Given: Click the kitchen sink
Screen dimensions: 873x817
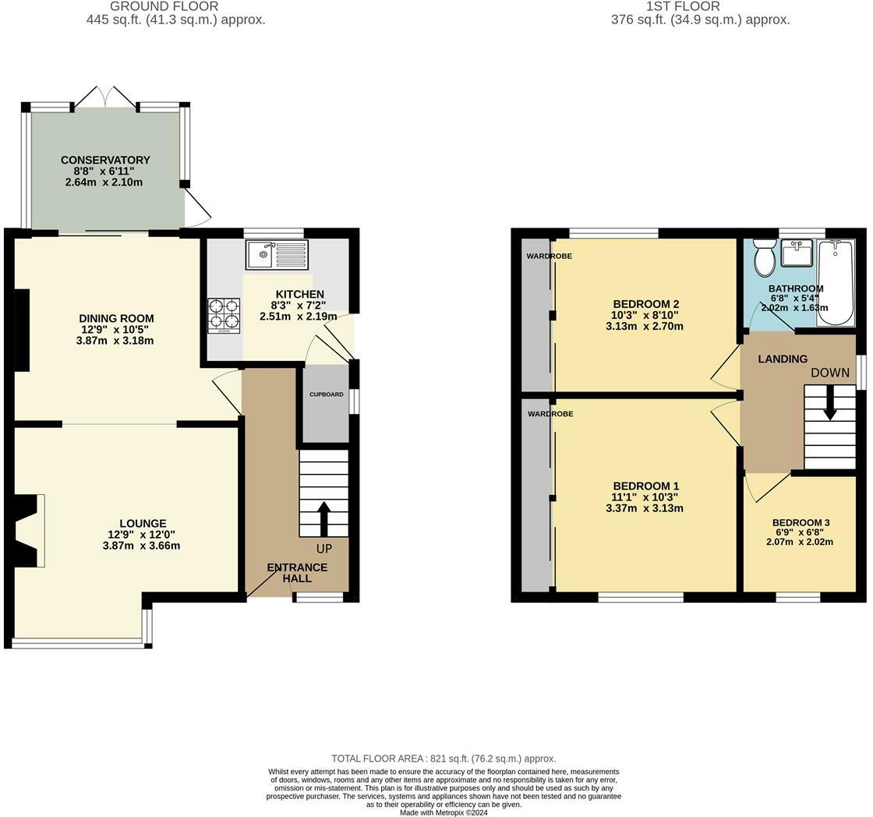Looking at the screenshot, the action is point(276,254).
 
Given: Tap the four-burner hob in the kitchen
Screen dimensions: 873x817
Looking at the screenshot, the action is point(224,317).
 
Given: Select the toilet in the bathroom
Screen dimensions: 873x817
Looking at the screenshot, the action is point(764,257).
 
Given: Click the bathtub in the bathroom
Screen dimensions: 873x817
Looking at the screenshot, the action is point(835,282).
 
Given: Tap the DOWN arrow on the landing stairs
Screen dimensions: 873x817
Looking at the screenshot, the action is point(830,402).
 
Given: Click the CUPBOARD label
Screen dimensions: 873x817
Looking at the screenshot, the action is point(327,394).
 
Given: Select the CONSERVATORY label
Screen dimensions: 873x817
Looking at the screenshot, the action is point(105,160).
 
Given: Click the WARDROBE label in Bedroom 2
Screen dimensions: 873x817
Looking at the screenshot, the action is point(549,256).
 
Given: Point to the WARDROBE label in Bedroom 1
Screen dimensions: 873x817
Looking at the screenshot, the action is point(550,414).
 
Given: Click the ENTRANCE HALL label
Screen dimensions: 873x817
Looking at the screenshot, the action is point(297,572).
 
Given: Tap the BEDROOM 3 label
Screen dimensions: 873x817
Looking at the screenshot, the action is point(801,522).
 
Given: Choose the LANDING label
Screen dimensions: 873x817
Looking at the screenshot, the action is point(783,359).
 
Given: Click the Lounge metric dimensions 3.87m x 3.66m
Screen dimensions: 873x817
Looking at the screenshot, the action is point(141,546).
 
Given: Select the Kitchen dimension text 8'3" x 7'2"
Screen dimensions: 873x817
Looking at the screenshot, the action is point(299,305).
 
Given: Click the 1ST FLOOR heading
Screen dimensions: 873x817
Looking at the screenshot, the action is point(683,7).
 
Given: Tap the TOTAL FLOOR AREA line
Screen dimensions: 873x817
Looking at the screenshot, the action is point(444,759).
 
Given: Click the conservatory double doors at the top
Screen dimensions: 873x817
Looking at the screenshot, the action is point(105,97).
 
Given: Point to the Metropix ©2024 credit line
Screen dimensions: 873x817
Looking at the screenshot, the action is point(444,812).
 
